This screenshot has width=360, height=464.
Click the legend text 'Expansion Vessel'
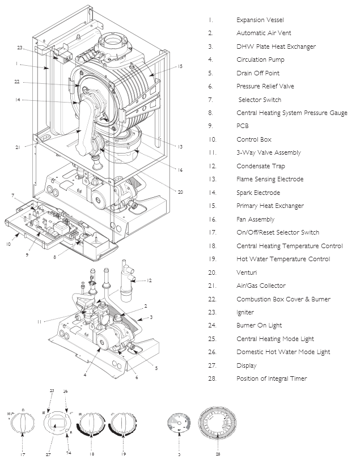[260, 20]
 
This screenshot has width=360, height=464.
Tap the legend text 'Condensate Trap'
[261, 166]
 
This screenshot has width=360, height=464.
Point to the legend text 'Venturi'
[247, 273]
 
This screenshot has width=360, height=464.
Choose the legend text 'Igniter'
[245, 312]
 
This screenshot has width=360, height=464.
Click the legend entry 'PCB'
[243, 126]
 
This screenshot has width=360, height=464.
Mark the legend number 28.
[211, 378]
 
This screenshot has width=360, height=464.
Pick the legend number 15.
[211, 206]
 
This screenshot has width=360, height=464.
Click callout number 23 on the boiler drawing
[20, 48]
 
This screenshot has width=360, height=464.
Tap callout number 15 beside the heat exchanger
[180, 67]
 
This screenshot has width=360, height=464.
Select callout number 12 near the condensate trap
[150, 280]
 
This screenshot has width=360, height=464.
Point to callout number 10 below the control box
[9, 245]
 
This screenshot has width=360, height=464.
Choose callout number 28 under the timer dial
[218, 454]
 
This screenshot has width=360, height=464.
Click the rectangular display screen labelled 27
[57, 421]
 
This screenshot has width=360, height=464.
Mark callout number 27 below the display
[48, 454]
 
